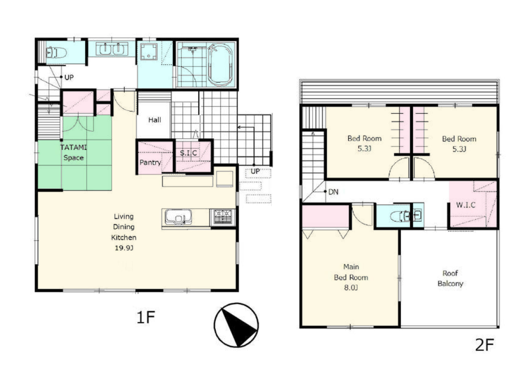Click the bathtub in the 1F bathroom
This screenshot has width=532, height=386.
point(221,64)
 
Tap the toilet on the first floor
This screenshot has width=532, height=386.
point(56,53)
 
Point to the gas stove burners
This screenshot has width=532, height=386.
point(222,217)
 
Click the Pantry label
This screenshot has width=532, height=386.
point(150,163)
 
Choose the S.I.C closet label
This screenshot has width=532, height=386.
point(188,153)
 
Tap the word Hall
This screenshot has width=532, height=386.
point(155,120)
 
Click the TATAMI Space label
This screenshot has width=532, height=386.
point(74,152)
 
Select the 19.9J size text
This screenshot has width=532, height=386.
point(124,248)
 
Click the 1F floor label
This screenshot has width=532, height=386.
point(146,317)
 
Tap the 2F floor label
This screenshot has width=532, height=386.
point(485,345)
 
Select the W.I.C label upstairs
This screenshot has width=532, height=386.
point(465,205)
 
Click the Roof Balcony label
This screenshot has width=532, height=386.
point(450,278)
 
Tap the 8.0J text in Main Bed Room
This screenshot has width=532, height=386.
point(351,288)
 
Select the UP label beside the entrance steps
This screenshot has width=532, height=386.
point(255,171)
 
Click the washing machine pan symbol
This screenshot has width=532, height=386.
point(149,52)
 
